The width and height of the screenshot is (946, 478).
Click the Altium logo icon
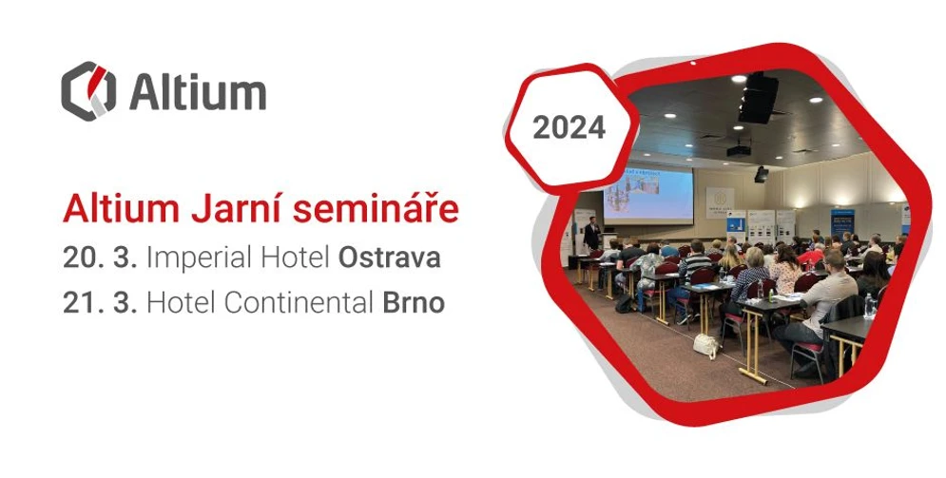tap(88, 91)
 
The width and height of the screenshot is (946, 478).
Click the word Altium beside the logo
tap(197, 92)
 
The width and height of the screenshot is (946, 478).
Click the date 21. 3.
tap(99, 303)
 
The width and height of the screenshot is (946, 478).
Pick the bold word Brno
tap(414, 303)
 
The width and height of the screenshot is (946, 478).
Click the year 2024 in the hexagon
tap(569, 127)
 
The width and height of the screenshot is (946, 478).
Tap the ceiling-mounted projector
tap(740, 149)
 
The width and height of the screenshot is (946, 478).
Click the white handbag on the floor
tap(706, 345)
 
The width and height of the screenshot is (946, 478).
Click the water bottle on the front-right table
tap(869, 305)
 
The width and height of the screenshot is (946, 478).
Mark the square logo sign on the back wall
tap(720, 201)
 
